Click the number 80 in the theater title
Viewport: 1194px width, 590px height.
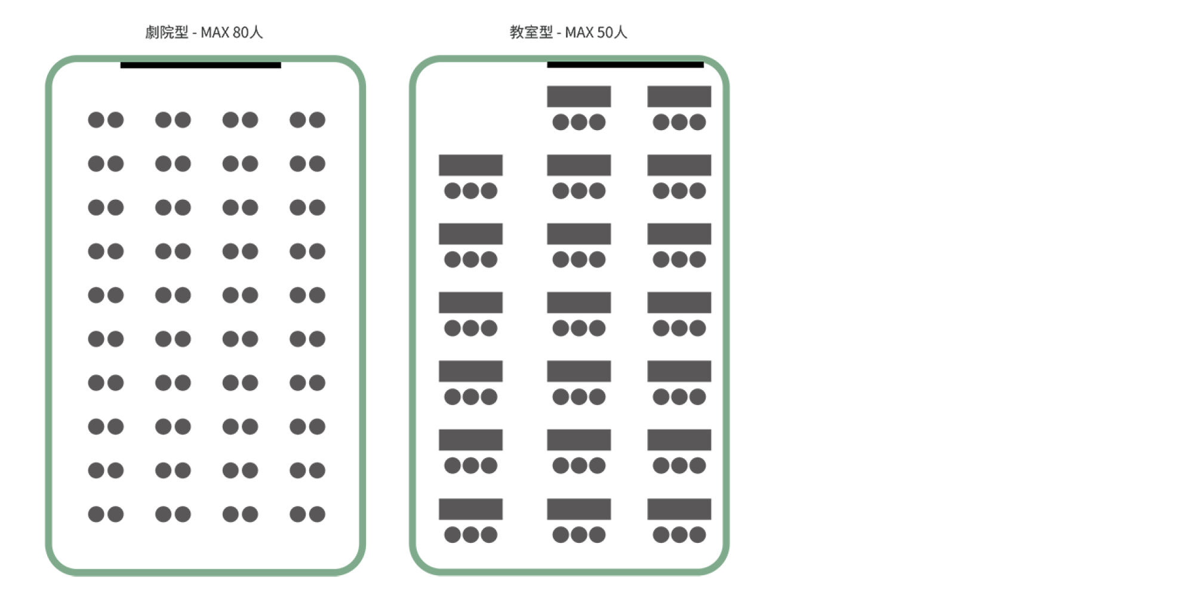pyautogui.click(x=239, y=32)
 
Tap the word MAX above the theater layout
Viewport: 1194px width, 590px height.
pyautogui.click(x=214, y=32)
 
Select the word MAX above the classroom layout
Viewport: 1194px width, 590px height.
pyautogui.click(x=580, y=32)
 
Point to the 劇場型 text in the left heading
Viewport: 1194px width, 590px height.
pyautogui.click(x=167, y=32)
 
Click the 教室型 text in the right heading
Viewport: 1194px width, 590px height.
pyautogui.click(x=531, y=32)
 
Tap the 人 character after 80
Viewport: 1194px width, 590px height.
pyautogui.click(x=256, y=32)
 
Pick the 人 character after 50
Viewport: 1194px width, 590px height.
pyautogui.click(x=621, y=32)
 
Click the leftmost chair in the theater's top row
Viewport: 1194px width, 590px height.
pyautogui.click(x=96, y=120)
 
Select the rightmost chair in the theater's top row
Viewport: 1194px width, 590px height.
pyautogui.click(x=317, y=120)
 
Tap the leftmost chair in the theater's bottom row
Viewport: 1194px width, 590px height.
pyautogui.click(x=96, y=514)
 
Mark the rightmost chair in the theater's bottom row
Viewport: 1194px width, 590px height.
pyautogui.click(x=317, y=514)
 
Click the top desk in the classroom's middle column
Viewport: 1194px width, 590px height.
pyautogui.click(x=578, y=97)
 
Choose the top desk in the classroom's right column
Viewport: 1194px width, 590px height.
pyautogui.click(x=679, y=97)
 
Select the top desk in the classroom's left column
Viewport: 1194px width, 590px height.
pyautogui.click(x=470, y=165)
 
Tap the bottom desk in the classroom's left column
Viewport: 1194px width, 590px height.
pyautogui.click(x=470, y=509)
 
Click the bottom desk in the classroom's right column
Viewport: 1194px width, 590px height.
pyautogui.click(x=679, y=509)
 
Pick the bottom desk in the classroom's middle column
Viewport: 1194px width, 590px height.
pyautogui.click(x=578, y=509)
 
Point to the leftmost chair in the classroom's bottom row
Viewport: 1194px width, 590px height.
pyautogui.click(x=452, y=535)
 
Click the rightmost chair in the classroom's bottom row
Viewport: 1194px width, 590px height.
pyautogui.click(x=698, y=535)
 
